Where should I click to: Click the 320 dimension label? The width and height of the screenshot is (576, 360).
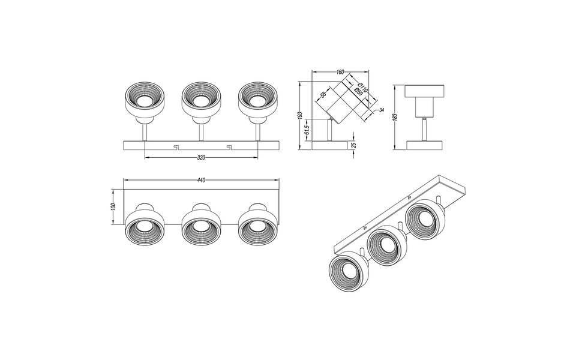click(x=201, y=158)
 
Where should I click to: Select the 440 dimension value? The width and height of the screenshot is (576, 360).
click(x=201, y=179)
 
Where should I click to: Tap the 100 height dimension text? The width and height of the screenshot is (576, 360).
click(x=113, y=207)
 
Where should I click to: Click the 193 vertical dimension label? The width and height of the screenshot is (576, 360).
click(x=300, y=115)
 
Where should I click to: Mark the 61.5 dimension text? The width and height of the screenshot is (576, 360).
click(x=307, y=130)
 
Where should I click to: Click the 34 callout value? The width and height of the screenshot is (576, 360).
click(x=381, y=110)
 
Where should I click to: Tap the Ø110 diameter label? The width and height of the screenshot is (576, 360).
click(x=362, y=88)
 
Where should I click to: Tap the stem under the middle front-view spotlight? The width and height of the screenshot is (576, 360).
click(x=201, y=130)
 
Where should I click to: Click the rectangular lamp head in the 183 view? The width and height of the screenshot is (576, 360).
click(x=425, y=92)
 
